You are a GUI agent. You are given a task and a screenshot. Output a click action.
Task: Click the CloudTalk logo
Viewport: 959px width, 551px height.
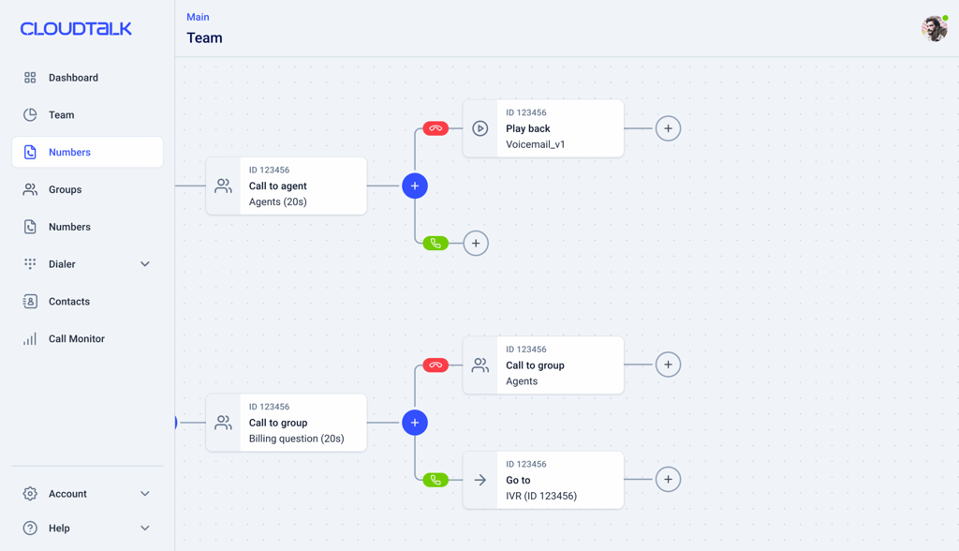(x=76, y=29)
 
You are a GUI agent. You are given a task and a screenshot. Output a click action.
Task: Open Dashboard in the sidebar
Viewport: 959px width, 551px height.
(x=73, y=78)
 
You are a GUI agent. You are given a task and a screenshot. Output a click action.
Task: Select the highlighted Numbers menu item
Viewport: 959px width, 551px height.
(x=87, y=152)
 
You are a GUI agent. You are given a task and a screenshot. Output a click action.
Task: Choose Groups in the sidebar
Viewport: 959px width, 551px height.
(x=65, y=190)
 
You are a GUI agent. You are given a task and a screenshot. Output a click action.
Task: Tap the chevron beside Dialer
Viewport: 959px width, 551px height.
(x=145, y=264)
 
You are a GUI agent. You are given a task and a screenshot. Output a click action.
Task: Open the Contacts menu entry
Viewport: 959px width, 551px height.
(x=69, y=301)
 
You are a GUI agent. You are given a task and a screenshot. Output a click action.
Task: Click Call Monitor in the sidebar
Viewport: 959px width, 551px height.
(x=77, y=338)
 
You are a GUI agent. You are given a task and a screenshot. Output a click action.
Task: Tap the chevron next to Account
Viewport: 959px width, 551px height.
(x=145, y=494)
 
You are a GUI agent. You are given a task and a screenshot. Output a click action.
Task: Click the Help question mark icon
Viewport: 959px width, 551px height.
(x=30, y=528)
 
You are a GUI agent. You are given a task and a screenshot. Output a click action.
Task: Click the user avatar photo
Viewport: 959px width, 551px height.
(x=935, y=29)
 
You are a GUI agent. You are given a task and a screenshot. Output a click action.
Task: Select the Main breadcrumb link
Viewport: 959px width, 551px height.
(x=198, y=17)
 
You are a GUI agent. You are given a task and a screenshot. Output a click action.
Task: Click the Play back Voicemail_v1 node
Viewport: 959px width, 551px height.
(x=543, y=128)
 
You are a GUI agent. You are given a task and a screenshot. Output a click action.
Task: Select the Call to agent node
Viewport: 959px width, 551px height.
(x=287, y=186)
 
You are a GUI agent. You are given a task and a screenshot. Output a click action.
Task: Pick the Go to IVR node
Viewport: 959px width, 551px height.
(x=543, y=480)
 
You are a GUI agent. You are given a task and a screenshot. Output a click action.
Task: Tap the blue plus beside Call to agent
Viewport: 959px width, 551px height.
(x=415, y=186)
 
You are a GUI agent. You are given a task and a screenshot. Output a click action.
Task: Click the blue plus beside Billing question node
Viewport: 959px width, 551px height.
(x=415, y=423)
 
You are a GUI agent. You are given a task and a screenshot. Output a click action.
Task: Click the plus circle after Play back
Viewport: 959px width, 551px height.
(x=668, y=128)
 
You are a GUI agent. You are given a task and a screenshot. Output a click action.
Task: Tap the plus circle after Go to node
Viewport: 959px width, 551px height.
(x=668, y=480)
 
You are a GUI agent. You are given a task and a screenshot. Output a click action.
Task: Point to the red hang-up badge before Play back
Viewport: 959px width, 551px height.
(x=435, y=128)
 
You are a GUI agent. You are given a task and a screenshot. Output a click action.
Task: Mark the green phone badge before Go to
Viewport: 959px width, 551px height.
(x=435, y=480)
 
